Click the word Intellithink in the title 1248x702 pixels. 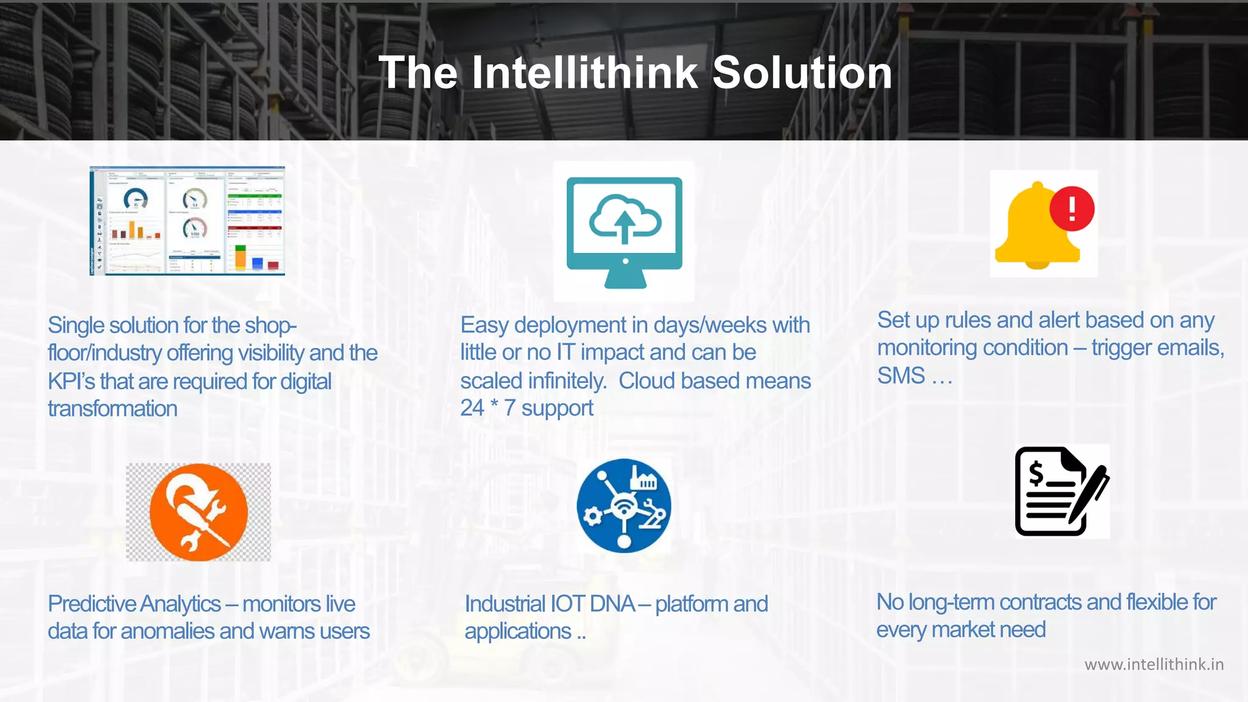pyautogui.click(x=584, y=73)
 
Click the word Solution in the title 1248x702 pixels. pyautogui.click(x=802, y=73)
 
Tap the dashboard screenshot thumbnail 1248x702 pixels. pyautogui.click(x=188, y=221)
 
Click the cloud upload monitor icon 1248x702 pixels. pyautogui.click(x=624, y=232)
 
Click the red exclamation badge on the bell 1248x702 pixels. pyautogui.click(x=1072, y=208)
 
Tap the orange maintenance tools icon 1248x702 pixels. pyautogui.click(x=199, y=512)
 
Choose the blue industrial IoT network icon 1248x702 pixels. pyautogui.click(x=624, y=506)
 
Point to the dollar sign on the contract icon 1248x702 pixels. pyautogui.click(x=1036, y=473)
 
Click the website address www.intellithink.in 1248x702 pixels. pyautogui.click(x=1154, y=664)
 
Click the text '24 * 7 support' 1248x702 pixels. pyautogui.click(x=526, y=408)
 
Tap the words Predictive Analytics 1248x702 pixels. pyautogui.click(x=134, y=604)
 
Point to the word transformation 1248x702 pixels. pyautogui.click(x=113, y=408)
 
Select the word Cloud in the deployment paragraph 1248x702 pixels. pyautogui.click(x=647, y=381)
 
